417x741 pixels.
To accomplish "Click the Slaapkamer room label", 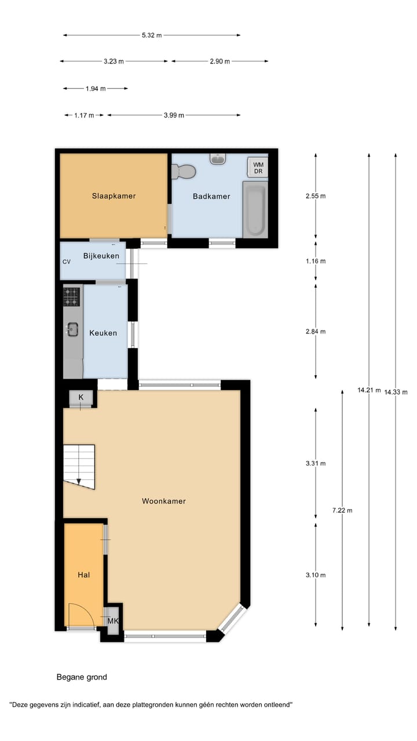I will (x=114, y=196).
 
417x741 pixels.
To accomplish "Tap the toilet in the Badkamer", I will (x=184, y=171).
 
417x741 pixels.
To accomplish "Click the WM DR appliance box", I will (x=258, y=167).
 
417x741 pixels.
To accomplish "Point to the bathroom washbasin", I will (x=218, y=159).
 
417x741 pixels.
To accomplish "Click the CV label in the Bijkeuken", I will (x=67, y=262).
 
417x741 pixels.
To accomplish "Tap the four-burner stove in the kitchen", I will (x=72, y=297).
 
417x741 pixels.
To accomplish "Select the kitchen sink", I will (x=72, y=329).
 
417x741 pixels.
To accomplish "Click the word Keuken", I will (x=103, y=333).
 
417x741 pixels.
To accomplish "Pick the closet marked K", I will (x=81, y=397).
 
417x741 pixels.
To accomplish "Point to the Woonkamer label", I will (x=164, y=501).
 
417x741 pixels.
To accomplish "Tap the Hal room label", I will (x=84, y=575).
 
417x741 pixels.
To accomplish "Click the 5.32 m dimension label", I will (x=152, y=35).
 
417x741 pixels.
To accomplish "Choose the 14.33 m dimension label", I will (x=396, y=392).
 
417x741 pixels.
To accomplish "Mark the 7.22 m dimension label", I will (x=342, y=510).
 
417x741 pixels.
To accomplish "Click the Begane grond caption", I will (x=82, y=677).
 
